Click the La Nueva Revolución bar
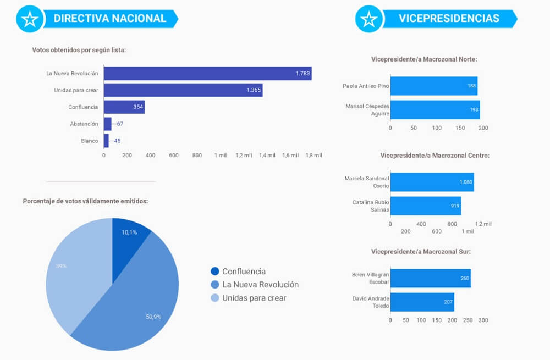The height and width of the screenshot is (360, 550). [207, 73]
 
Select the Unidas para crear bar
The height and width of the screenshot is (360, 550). [183, 90]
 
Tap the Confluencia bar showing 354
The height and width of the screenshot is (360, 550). [124, 107]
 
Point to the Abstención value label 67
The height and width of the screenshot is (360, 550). [120, 124]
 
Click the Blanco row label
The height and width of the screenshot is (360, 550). [90, 141]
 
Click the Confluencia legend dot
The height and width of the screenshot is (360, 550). [215, 272]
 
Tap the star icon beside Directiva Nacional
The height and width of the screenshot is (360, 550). [30, 19]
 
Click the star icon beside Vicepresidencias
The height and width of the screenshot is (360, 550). [369, 19]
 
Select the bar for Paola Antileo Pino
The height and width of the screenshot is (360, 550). [433, 86]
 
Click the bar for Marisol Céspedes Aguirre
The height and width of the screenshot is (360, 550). [435, 109]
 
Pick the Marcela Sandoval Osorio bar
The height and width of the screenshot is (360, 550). [432, 182]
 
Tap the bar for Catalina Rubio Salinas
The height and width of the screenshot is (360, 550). [425, 206]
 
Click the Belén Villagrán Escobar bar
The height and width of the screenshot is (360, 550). [430, 278]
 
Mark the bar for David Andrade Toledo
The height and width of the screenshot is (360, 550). [422, 302]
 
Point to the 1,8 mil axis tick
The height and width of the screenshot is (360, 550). [313, 156]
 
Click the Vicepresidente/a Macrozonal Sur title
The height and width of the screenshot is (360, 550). [421, 252]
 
